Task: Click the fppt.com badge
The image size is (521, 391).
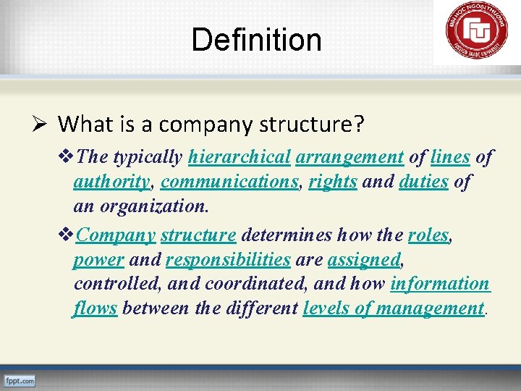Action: pos(19,380)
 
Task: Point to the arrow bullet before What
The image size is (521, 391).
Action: pos(43,124)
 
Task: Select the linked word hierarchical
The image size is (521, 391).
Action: pos(240,156)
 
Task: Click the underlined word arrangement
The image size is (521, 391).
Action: pos(350,156)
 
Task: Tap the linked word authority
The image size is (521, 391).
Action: pos(111,182)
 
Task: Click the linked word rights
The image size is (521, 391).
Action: pos(332,182)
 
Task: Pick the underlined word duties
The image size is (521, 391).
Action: pos(423,182)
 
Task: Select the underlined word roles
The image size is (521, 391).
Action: pos(428,235)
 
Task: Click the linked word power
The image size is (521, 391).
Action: pos(98,260)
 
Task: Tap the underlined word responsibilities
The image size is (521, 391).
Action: pos(228,260)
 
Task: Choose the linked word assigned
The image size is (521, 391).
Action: pos(364,260)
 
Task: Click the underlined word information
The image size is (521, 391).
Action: pos(440,284)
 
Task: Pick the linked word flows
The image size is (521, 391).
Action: pos(95,308)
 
